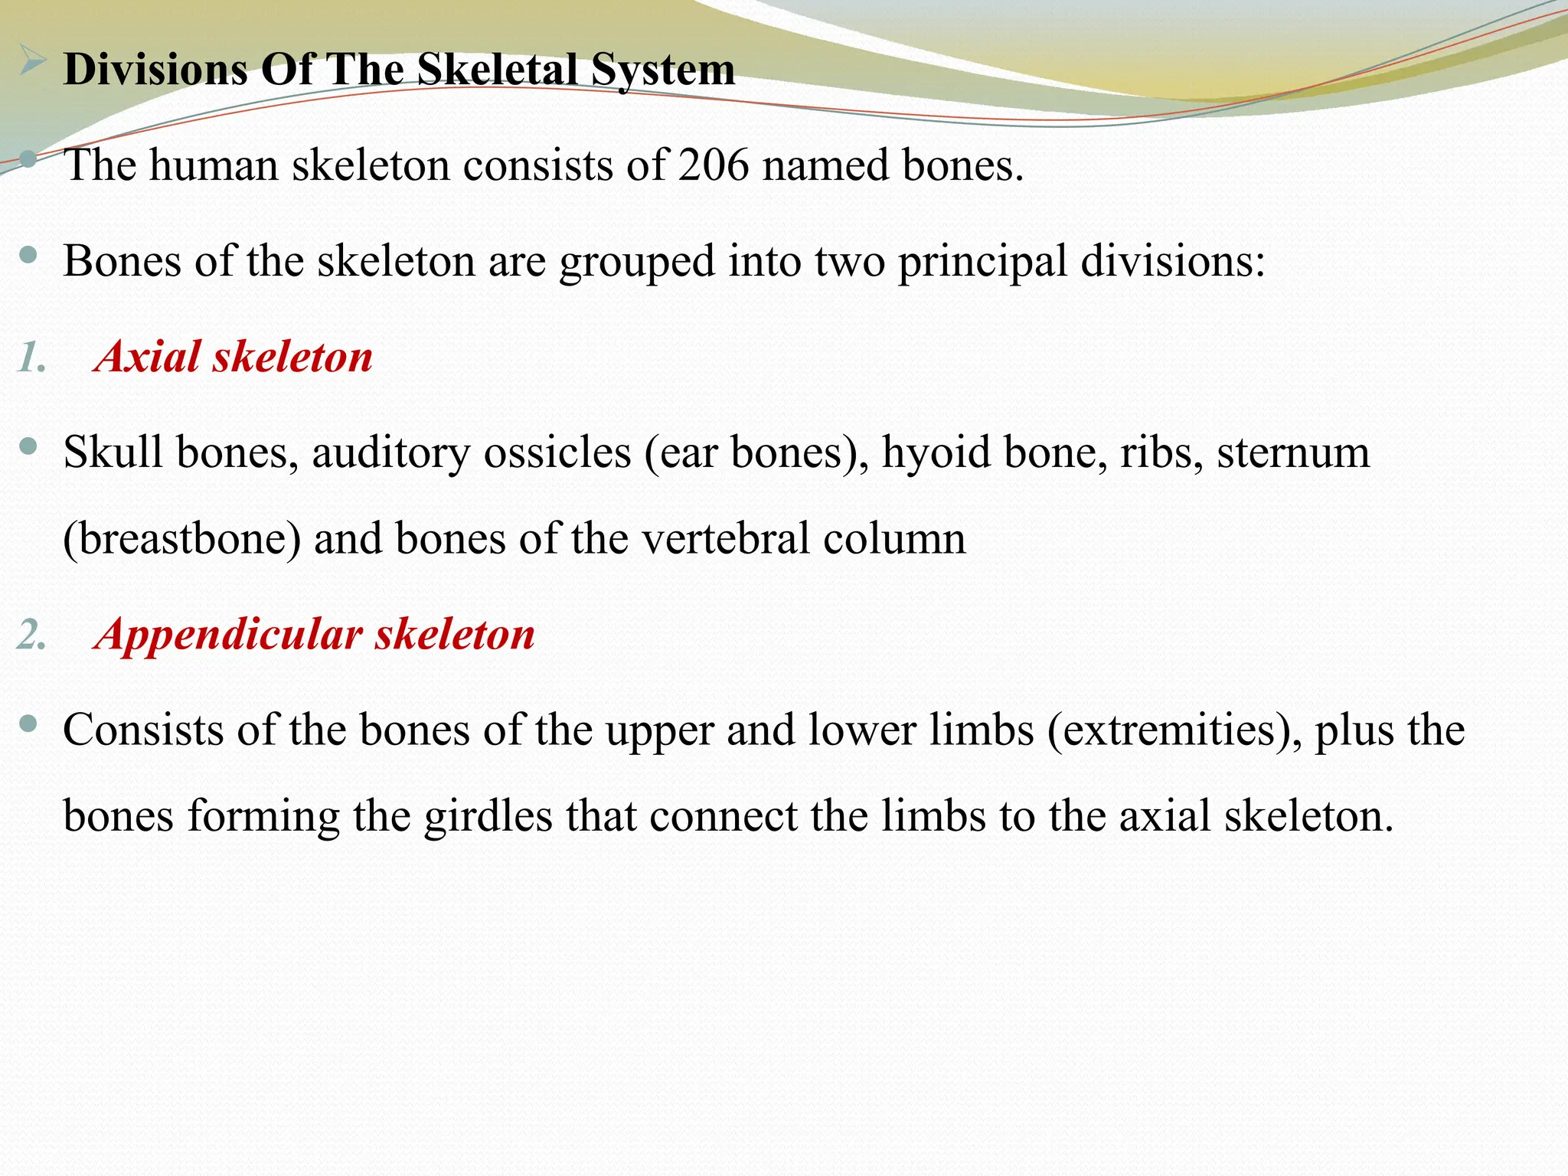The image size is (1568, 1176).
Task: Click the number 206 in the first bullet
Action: tap(713, 165)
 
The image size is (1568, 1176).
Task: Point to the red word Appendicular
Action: tap(228, 635)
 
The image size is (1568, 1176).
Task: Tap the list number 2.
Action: tap(31, 635)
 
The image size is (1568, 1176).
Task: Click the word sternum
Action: tap(1293, 452)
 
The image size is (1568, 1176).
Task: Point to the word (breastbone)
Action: tap(182, 539)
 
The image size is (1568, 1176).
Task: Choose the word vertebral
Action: tap(725, 539)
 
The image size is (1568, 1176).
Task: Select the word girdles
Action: tap(488, 816)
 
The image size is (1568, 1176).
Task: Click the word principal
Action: tap(982, 262)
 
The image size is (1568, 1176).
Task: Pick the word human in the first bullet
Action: tap(214, 165)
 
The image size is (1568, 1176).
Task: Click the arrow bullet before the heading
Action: tap(31, 60)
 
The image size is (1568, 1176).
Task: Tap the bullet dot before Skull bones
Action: tap(29, 446)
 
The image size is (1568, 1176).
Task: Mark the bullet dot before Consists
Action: tap(29, 723)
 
